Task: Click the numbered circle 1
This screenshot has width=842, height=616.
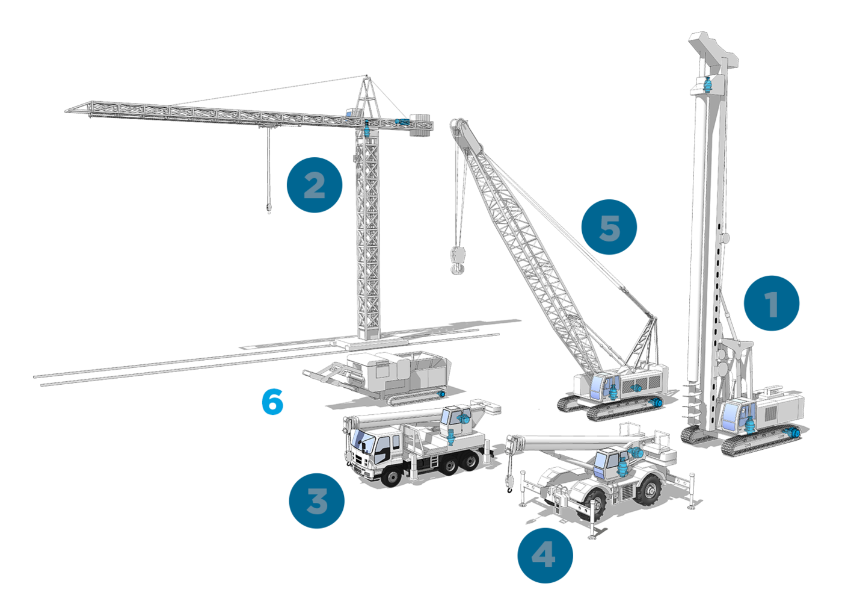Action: (771, 303)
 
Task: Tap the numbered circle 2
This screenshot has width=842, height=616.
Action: (314, 185)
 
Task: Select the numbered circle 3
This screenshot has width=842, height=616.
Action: (316, 500)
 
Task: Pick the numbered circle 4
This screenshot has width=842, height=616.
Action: (545, 555)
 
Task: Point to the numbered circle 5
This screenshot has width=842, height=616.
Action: (609, 227)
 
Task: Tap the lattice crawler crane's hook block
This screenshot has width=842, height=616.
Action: (458, 260)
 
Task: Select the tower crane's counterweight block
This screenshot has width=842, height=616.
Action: (421, 124)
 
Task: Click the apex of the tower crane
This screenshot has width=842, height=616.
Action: (367, 76)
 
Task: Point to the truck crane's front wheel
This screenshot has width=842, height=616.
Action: (391, 478)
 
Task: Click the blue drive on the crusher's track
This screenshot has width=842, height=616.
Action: (441, 394)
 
